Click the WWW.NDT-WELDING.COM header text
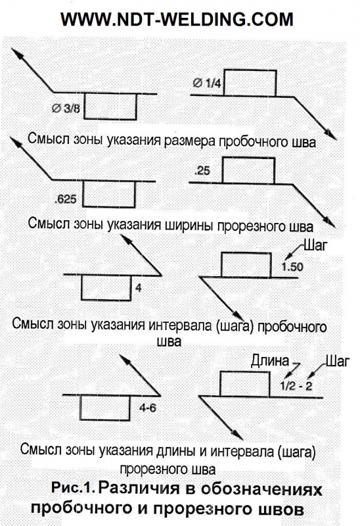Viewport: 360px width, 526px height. coord(177,20)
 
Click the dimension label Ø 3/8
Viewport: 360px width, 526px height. coord(66,108)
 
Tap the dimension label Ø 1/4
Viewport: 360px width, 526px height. coord(207,83)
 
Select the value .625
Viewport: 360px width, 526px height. coord(65,200)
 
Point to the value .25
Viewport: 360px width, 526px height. coord(202,171)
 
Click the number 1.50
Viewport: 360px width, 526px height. coord(292,267)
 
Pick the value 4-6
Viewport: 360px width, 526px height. coord(148,408)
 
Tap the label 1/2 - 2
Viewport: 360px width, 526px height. coord(296,386)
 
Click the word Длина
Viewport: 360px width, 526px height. coord(270,360)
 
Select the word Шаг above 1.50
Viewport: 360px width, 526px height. coord(315,246)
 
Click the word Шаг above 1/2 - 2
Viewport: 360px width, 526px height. coord(338,361)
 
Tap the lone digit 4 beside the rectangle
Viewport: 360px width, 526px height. coord(139,288)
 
